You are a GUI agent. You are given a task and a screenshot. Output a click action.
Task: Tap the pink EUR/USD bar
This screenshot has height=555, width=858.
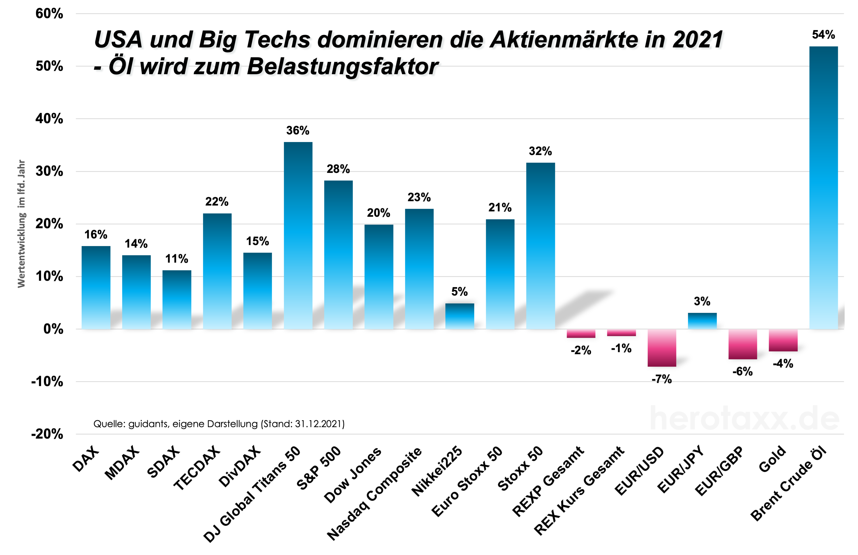tap(662, 348)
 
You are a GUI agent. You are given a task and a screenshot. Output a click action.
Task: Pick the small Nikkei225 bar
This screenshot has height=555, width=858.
tap(460, 316)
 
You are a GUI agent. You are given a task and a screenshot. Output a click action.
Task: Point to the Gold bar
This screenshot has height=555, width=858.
tap(783, 340)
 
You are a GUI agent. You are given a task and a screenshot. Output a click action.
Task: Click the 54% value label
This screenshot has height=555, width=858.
tap(823, 35)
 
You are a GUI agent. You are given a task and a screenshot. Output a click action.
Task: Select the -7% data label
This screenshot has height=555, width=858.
tap(662, 379)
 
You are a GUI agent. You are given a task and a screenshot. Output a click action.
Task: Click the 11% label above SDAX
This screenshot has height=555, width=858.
tap(177, 259)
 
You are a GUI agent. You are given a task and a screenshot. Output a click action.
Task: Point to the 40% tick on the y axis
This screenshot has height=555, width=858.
tap(49, 119)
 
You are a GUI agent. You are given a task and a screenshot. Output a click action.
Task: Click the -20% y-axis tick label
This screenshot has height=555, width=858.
tap(47, 434)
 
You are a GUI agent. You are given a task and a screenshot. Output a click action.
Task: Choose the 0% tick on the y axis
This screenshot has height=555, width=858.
tap(53, 329)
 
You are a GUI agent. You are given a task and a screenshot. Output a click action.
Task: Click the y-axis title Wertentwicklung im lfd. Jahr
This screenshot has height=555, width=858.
tap(22, 223)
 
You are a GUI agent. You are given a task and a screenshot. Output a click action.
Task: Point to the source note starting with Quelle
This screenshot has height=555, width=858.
tap(219, 424)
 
